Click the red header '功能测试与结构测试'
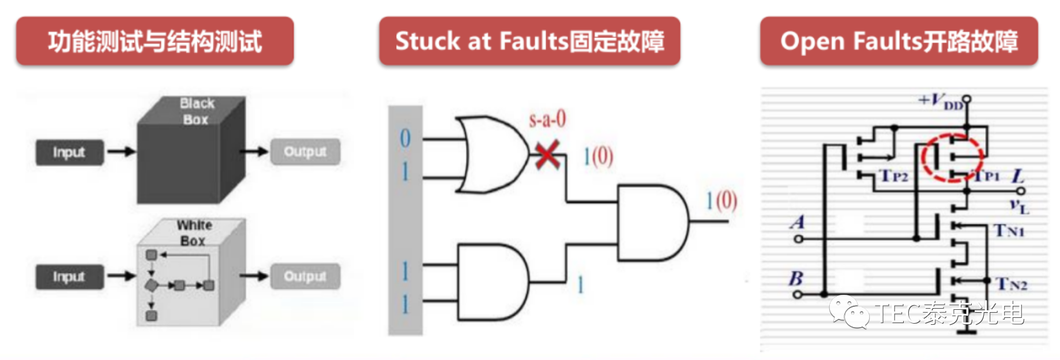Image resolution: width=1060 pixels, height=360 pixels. [155, 41]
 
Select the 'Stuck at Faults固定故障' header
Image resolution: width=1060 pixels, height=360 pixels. [529, 41]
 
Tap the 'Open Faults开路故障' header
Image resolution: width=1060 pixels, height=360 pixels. [899, 41]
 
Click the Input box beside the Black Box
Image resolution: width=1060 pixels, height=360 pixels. [69, 152]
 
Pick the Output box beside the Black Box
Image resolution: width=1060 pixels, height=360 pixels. [305, 152]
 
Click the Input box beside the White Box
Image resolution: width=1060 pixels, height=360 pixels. [69, 277]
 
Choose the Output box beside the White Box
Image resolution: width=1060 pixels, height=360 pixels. [305, 277]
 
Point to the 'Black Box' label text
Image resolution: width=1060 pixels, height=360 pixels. [197, 111]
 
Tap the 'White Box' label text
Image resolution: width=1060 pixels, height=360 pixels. [194, 232]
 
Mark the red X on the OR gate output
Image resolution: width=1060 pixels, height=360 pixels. [547, 155]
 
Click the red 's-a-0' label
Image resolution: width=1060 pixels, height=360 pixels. [547, 119]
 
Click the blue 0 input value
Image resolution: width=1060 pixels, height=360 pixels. [405, 138]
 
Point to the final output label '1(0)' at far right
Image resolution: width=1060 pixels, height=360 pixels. [721, 201]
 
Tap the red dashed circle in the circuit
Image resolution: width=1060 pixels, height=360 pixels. [952, 157]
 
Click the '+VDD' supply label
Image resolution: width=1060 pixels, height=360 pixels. [941, 102]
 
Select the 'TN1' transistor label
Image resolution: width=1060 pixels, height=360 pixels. [1009, 231]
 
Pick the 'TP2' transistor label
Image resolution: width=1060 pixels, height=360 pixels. [894, 176]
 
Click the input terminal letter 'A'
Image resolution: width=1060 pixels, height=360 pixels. [798, 222]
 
